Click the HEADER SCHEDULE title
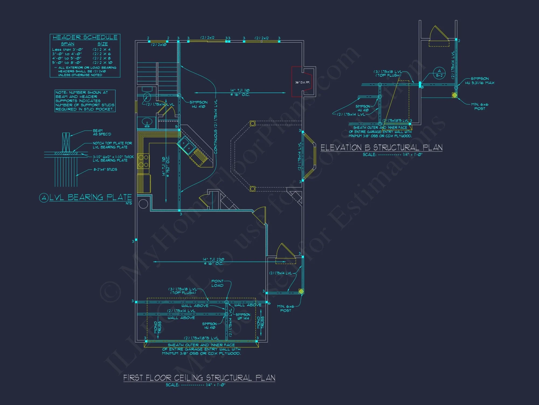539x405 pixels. pyautogui.click(x=85, y=37)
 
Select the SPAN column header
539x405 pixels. pyautogui.click(x=67, y=44)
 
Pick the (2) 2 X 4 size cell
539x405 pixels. pyautogui.click(x=102, y=49)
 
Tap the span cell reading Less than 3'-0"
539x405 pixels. pyautogui.click(x=67, y=49)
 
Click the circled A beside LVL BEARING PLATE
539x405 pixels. pyautogui.click(x=44, y=198)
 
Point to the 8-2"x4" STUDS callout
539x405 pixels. pyautogui.click(x=105, y=170)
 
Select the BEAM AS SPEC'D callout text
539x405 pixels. pyautogui.click(x=102, y=132)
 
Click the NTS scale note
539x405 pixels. pyautogui.click(x=129, y=203)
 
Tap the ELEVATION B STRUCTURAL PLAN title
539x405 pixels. pyautogui.click(x=381, y=147)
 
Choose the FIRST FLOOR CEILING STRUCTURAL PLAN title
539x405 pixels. pyautogui.click(x=199, y=378)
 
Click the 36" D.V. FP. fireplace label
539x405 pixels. pyautogui.click(x=302, y=82)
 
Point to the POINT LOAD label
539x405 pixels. pyautogui.click(x=217, y=283)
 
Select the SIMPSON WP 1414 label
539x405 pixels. pyautogui.click(x=243, y=316)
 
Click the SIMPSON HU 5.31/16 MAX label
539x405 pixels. pyautogui.click(x=480, y=81)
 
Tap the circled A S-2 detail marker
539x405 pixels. pyautogui.click(x=439, y=73)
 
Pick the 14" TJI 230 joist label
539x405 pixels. pyautogui.click(x=213, y=261)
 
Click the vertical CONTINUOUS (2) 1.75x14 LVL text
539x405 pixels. pyautogui.click(x=216, y=127)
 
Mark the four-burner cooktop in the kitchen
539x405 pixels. pyautogui.click(x=143, y=161)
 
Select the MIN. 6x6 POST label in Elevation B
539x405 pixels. pyautogui.click(x=480, y=106)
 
